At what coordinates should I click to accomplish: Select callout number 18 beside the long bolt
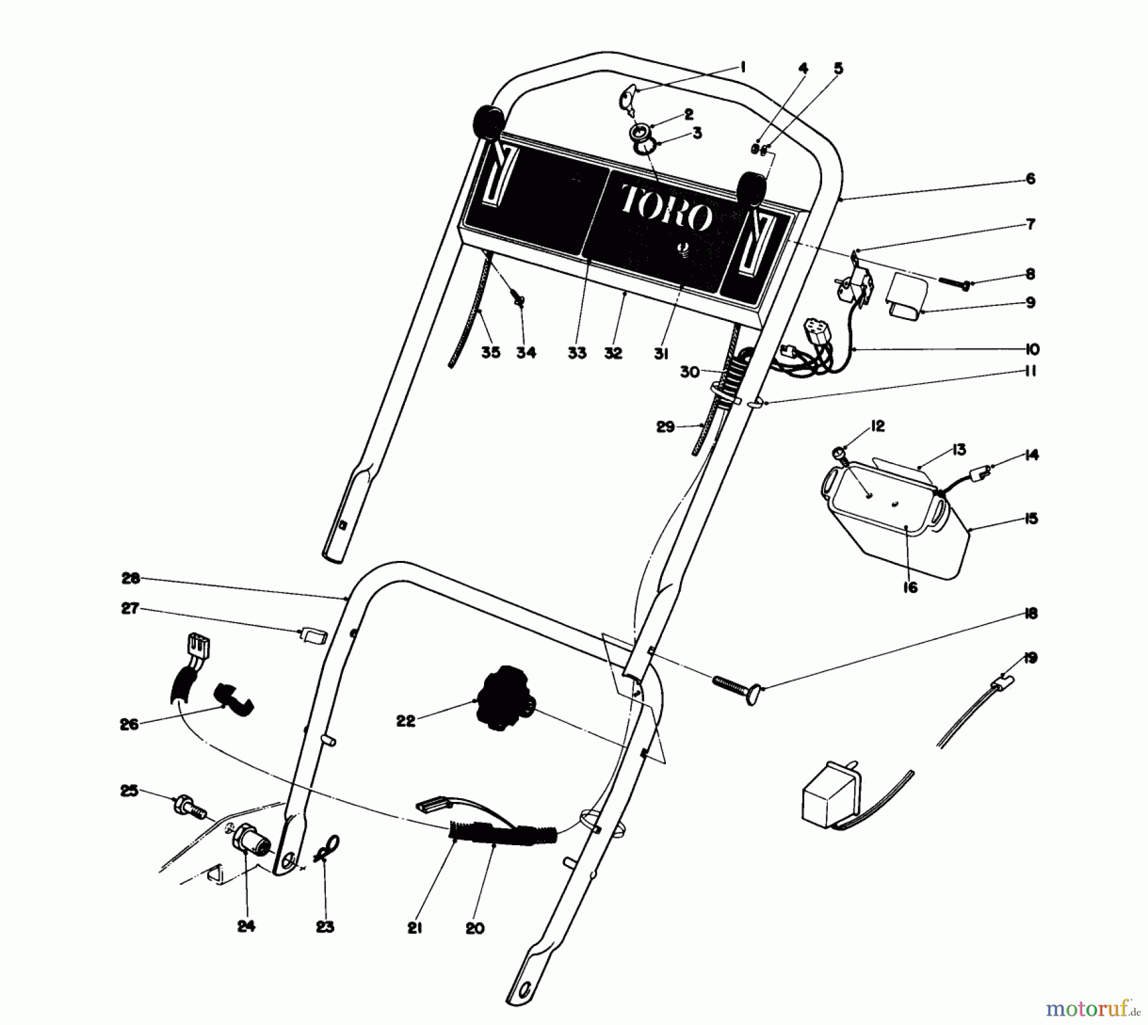[x=1031, y=613]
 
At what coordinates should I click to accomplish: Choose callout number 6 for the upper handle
[x=1031, y=178]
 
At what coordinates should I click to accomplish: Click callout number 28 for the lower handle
[x=130, y=579]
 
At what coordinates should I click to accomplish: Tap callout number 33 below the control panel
[x=577, y=353]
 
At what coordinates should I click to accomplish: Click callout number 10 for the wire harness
[x=1032, y=349]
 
